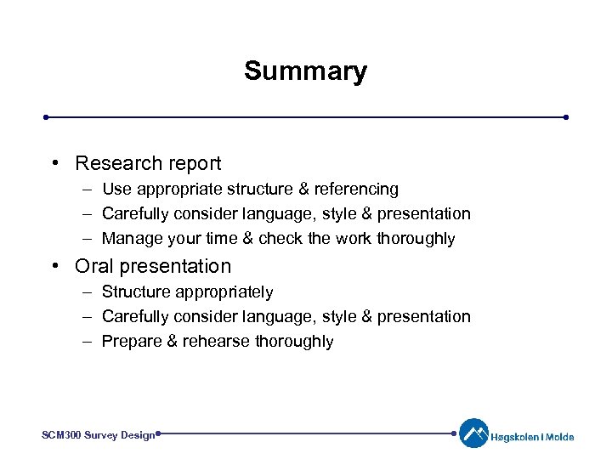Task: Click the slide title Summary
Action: coord(305,71)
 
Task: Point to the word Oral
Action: coord(94,266)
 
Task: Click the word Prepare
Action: coord(132,342)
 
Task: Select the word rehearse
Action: coord(212,342)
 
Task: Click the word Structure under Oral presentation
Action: coord(136,292)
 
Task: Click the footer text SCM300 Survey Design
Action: coord(99,434)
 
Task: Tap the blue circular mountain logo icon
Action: coord(473,433)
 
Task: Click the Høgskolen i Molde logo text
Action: coord(533,437)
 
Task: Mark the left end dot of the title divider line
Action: coord(47,117)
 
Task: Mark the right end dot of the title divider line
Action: coord(565,117)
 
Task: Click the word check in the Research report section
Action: coord(280,239)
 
